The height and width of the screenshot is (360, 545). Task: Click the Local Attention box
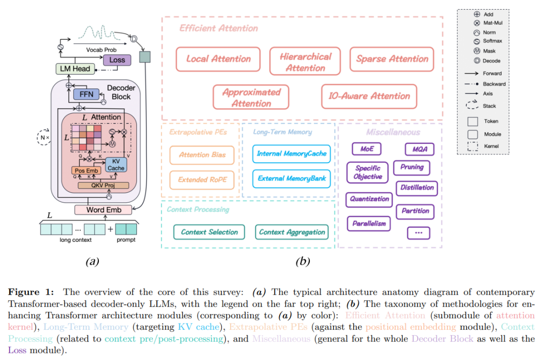[218, 59]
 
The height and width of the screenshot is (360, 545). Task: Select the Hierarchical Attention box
[305, 62]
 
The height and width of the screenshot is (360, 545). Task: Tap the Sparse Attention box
[392, 59]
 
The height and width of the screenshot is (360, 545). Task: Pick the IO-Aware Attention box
[369, 96]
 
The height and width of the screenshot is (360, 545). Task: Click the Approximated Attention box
[251, 97]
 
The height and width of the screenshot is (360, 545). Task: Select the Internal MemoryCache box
[291, 153]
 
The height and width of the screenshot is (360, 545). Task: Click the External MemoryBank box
[291, 178]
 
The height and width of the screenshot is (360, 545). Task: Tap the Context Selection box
[209, 232]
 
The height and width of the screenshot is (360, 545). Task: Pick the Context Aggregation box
[292, 232]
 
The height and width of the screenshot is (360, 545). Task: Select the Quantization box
[370, 199]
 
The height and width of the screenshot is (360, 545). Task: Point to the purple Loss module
[117, 60]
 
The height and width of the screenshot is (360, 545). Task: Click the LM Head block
[74, 69]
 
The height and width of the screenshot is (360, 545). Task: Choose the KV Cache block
[116, 165]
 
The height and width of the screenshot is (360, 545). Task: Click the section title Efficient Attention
[219, 28]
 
